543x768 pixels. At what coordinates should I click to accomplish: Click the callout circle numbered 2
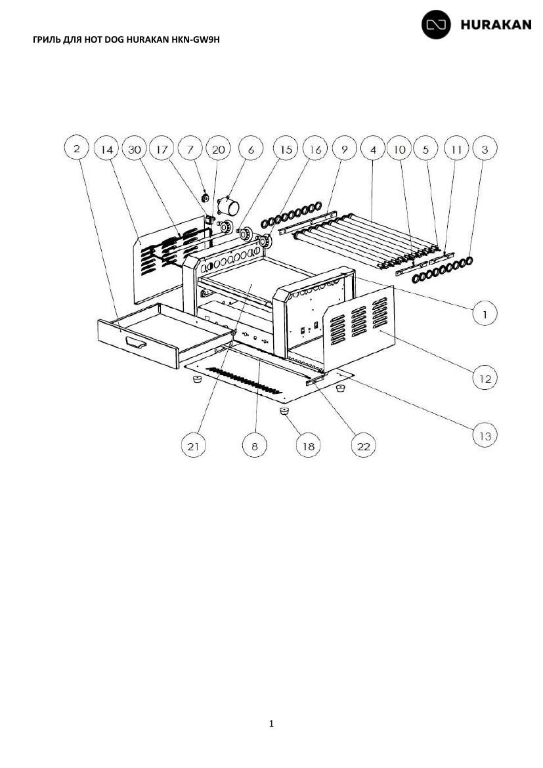[x=76, y=148]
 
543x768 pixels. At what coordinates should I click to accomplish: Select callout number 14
[x=107, y=149]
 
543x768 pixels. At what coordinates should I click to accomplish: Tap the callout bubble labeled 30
[x=135, y=149]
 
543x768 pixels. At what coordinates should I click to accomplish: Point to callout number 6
[x=251, y=149]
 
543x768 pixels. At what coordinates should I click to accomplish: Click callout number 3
[x=485, y=148]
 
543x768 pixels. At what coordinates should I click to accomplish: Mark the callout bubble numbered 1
[x=485, y=314]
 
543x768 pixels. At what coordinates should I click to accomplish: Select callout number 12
[x=485, y=378]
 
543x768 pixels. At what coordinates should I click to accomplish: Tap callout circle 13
[x=485, y=435]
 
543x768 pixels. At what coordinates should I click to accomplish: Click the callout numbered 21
[x=194, y=445]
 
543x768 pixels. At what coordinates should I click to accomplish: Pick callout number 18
[x=308, y=445]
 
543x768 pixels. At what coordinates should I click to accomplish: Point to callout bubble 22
[x=364, y=445]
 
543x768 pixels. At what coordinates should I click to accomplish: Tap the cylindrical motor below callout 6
[x=229, y=205]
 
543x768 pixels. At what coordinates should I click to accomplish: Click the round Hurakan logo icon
[x=436, y=24]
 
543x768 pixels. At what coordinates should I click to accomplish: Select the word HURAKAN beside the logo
[x=496, y=24]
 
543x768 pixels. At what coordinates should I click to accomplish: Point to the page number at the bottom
[x=272, y=723]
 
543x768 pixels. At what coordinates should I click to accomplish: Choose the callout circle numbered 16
[x=315, y=148]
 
